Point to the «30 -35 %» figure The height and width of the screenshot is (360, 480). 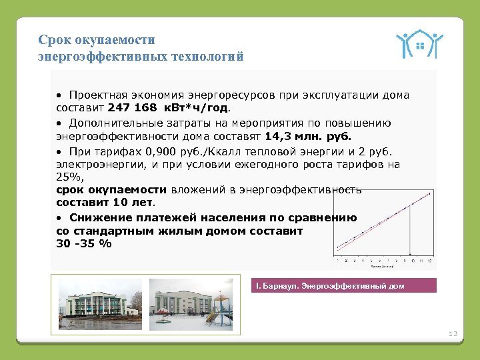point(85,243)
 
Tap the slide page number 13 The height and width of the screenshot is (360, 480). point(454,333)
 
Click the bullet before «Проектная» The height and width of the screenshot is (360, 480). point(59,95)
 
